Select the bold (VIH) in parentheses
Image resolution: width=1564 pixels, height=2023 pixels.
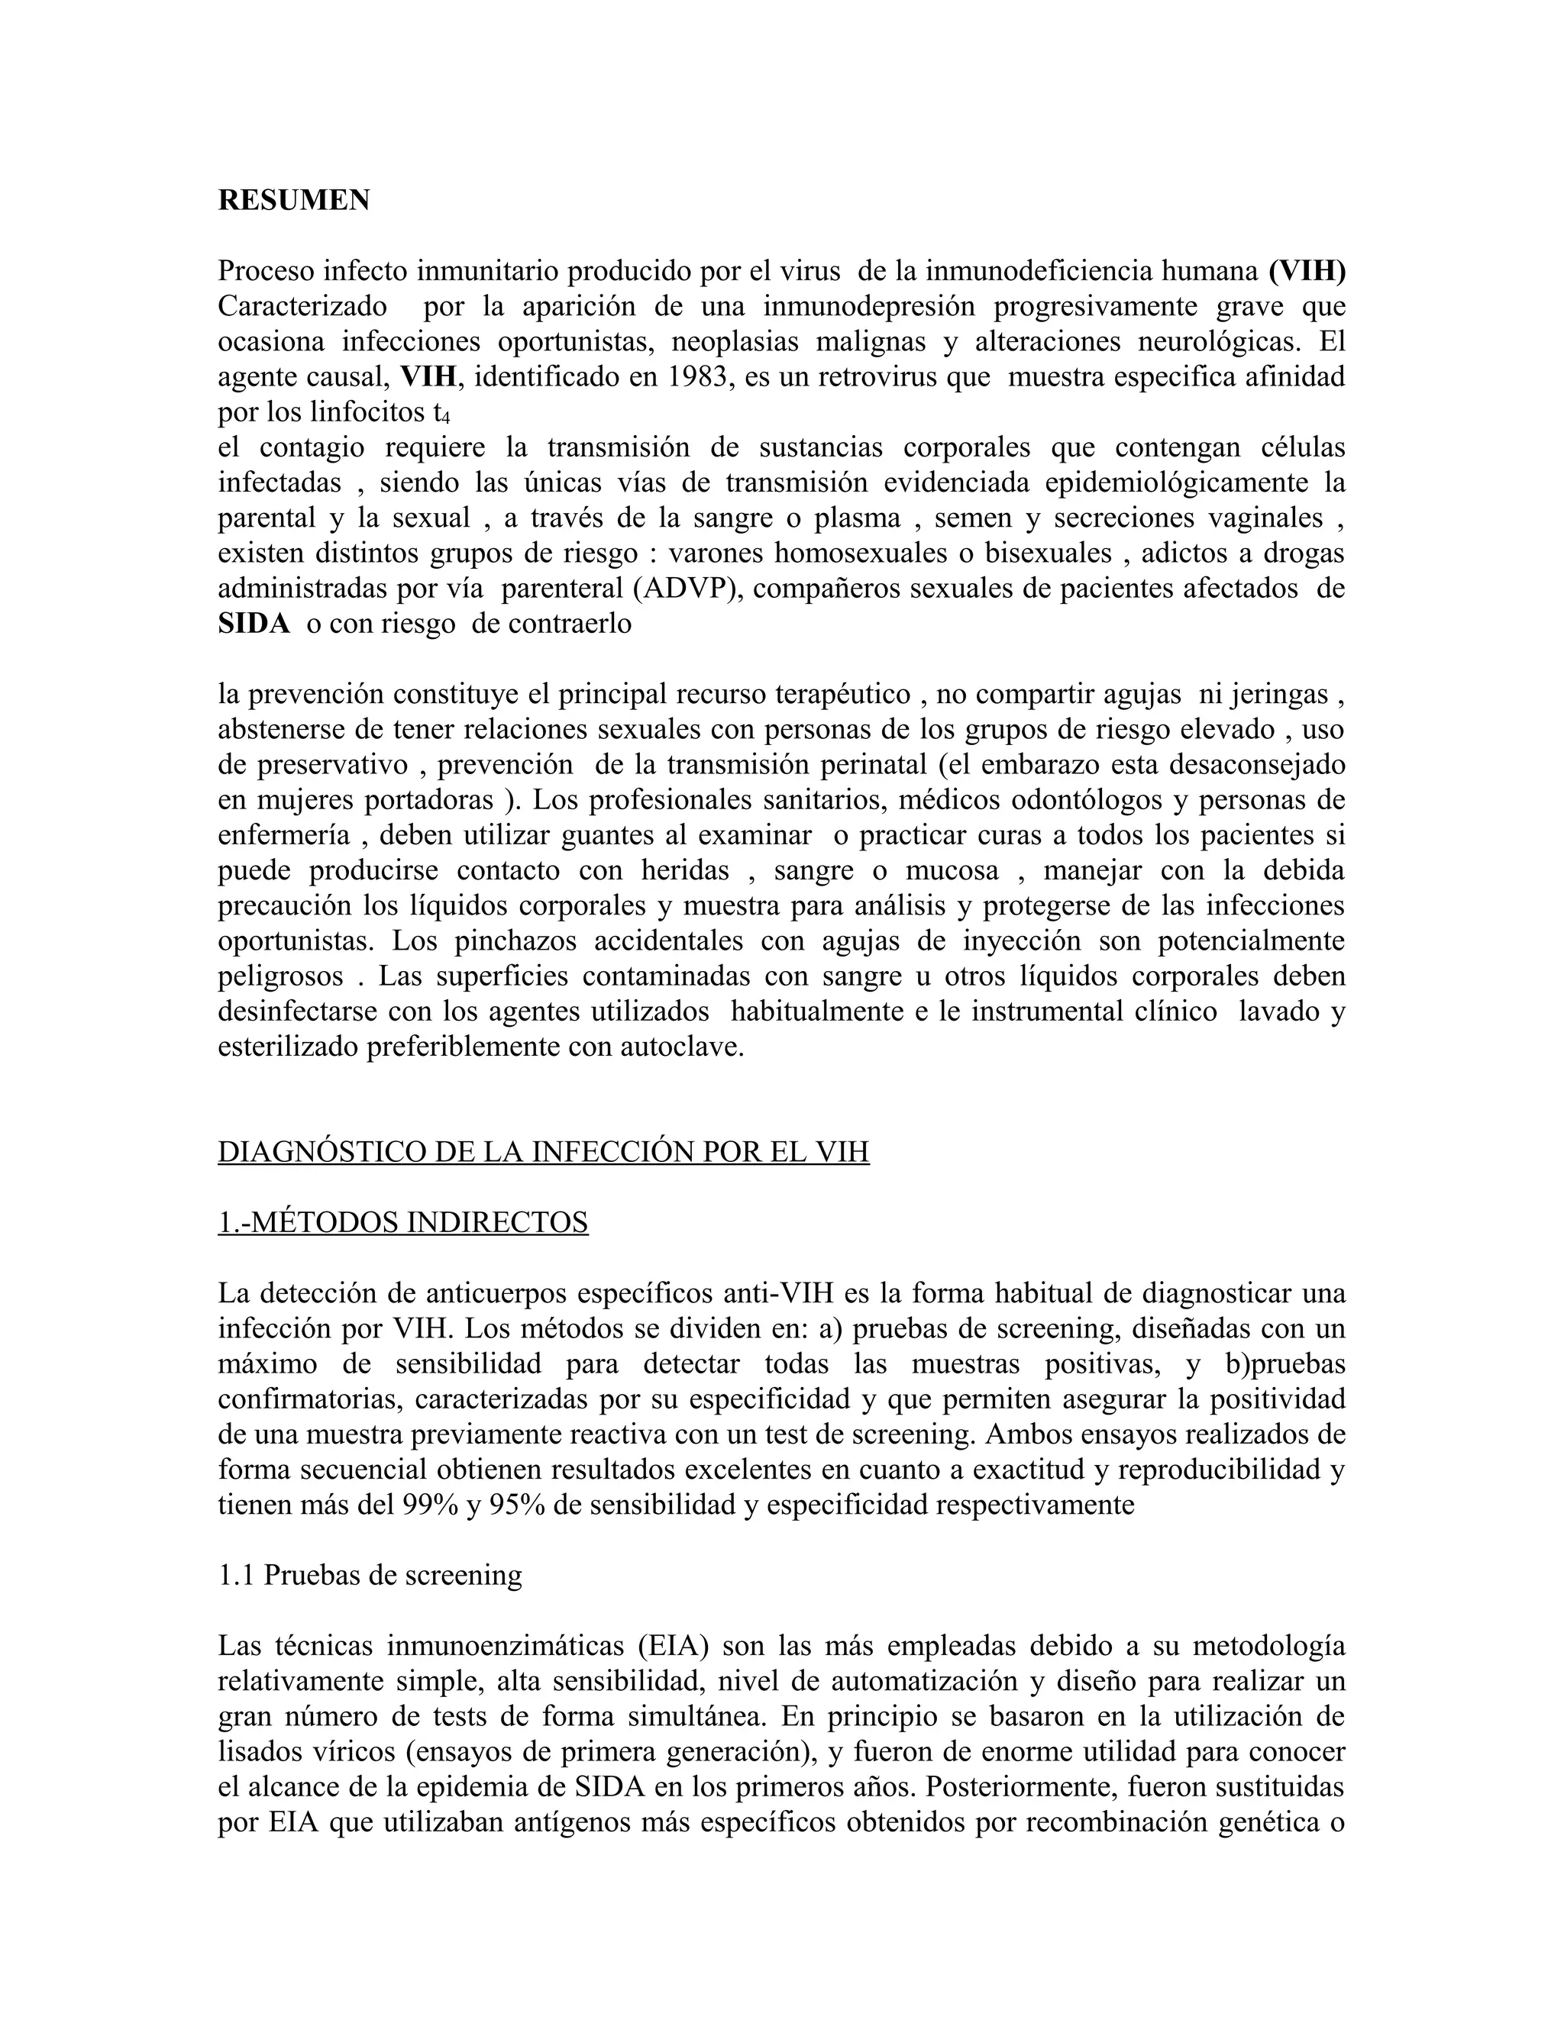click(x=1307, y=272)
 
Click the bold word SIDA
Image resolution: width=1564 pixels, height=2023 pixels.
click(x=254, y=624)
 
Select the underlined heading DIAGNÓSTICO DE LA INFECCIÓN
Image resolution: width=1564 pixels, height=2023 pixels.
click(x=543, y=1152)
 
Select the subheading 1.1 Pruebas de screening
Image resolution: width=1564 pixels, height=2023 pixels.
click(x=370, y=1575)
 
